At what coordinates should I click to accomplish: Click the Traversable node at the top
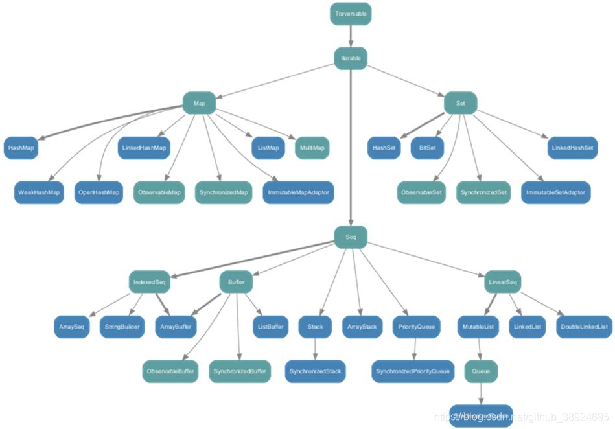pyautogui.click(x=351, y=14)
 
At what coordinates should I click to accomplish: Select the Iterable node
pyautogui.click(x=351, y=58)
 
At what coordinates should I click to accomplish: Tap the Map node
pyautogui.click(x=199, y=103)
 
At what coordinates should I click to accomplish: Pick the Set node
pyautogui.click(x=460, y=103)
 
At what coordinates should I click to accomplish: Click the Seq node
pyautogui.click(x=351, y=237)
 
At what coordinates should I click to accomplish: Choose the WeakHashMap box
pyautogui.click(x=39, y=192)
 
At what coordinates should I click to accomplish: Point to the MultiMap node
pyautogui.click(x=312, y=148)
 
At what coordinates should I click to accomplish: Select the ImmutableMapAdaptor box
pyautogui.click(x=298, y=192)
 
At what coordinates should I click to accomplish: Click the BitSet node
pyautogui.click(x=427, y=148)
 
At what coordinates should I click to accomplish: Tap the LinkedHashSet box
pyautogui.click(x=572, y=148)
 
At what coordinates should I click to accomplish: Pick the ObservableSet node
pyautogui.click(x=422, y=192)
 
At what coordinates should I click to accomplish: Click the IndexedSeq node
pyautogui.click(x=150, y=282)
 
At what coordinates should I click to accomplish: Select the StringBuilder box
pyautogui.click(x=121, y=327)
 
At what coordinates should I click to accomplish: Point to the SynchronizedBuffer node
pyautogui.click(x=239, y=371)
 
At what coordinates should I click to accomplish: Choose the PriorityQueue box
pyautogui.click(x=416, y=327)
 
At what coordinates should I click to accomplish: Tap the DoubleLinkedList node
pyautogui.click(x=584, y=327)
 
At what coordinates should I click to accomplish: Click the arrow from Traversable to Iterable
pyautogui.click(x=351, y=36)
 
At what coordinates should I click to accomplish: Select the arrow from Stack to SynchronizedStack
pyautogui.click(x=315, y=349)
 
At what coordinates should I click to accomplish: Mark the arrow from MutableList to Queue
pyautogui.click(x=480, y=349)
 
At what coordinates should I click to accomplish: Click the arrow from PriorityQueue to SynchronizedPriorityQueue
pyautogui.click(x=415, y=349)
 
